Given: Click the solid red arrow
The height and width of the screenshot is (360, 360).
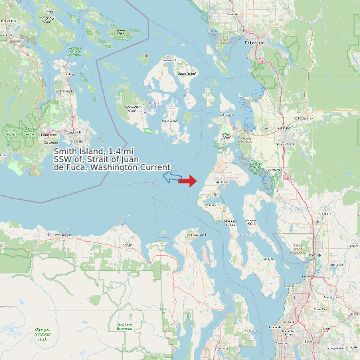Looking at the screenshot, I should (188, 181).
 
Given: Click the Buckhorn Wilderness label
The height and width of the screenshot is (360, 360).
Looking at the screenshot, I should (124, 325).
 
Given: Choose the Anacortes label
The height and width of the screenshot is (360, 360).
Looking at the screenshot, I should (226, 134).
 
